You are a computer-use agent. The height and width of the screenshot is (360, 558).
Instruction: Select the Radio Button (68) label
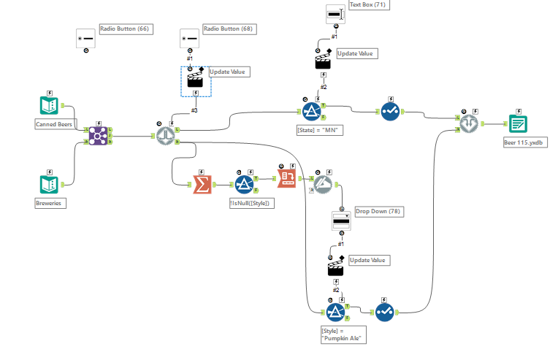[229, 29]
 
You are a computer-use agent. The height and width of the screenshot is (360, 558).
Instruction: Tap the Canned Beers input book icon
[49, 107]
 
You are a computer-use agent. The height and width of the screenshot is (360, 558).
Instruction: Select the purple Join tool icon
[98, 135]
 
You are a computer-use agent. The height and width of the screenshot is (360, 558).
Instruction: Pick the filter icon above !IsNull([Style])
[243, 184]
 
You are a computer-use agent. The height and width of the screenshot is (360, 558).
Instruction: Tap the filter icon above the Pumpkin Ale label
[335, 312]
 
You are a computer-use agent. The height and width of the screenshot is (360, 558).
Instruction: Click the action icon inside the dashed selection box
[194, 78]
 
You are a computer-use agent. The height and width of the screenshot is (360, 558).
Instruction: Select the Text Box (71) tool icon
[335, 15]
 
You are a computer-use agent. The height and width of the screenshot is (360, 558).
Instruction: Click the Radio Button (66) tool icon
[86, 38]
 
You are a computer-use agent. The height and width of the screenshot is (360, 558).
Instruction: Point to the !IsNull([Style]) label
[251, 204]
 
